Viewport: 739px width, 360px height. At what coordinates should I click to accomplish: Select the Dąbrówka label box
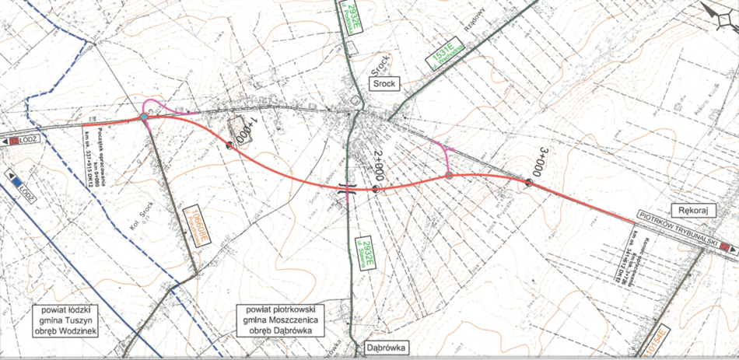click(386, 348)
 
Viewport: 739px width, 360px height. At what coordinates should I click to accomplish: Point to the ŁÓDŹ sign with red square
click(21, 140)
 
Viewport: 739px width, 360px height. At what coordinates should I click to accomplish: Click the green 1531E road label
click(443, 56)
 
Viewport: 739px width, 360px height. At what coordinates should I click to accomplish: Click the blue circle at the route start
click(144, 117)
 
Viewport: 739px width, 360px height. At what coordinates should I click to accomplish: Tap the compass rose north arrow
click(717, 13)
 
